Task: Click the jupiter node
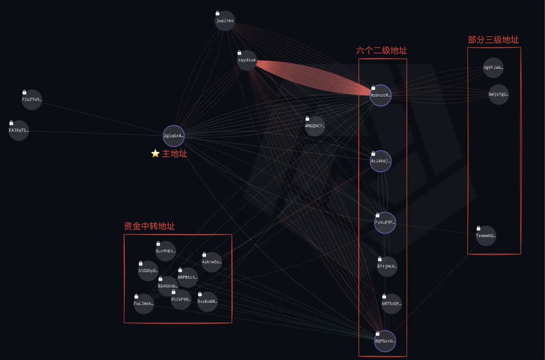(x=225, y=21)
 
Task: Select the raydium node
(x=247, y=60)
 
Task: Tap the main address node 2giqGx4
(x=173, y=135)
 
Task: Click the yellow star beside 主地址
(x=155, y=153)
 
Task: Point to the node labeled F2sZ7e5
(x=32, y=99)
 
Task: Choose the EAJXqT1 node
(x=19, y=130)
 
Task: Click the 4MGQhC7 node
(x=315, y=126)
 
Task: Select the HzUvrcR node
(x=380, y=95)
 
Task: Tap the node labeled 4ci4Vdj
(x=380, y=161)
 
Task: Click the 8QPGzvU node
(x=385, y=340)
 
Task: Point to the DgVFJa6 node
(x=493, y=68)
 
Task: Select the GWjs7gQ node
(x=498, y=94)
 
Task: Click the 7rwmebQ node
(x=486, y=236)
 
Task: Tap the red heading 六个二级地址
(x=381, y=51)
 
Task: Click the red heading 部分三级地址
(x=493, y=40)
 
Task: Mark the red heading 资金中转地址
(x=149, y=226)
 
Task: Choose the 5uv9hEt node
(x=165, y=251)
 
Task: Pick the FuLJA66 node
(x=144, y=303)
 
